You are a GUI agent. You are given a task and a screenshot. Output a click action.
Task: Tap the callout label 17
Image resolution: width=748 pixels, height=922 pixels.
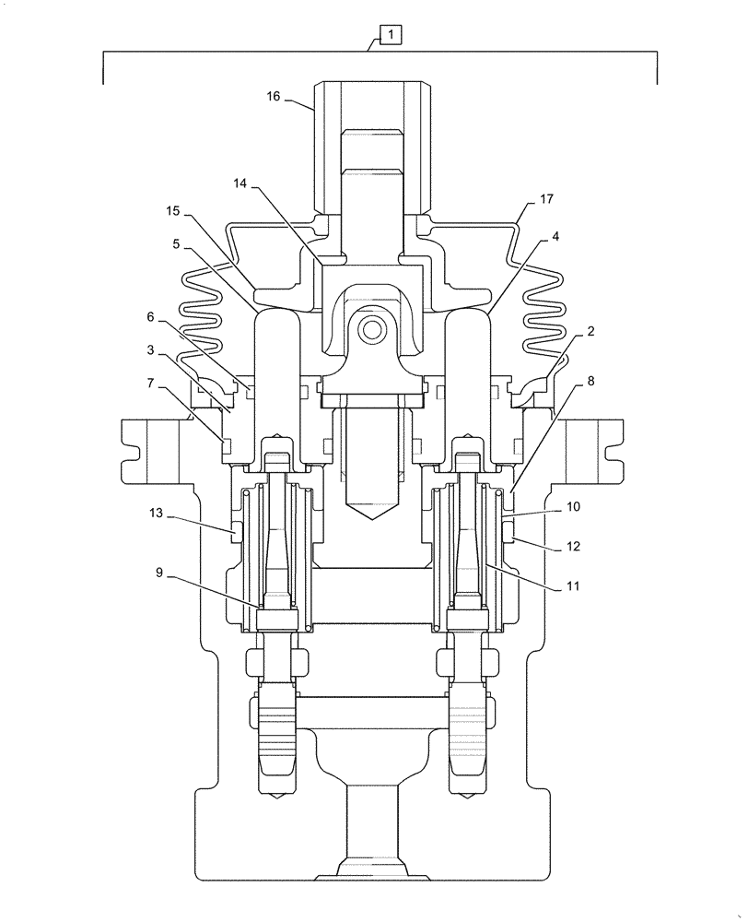(x=546, y=198)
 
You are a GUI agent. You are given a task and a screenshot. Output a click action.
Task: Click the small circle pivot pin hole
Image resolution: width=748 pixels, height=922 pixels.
(x=372, y=327)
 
